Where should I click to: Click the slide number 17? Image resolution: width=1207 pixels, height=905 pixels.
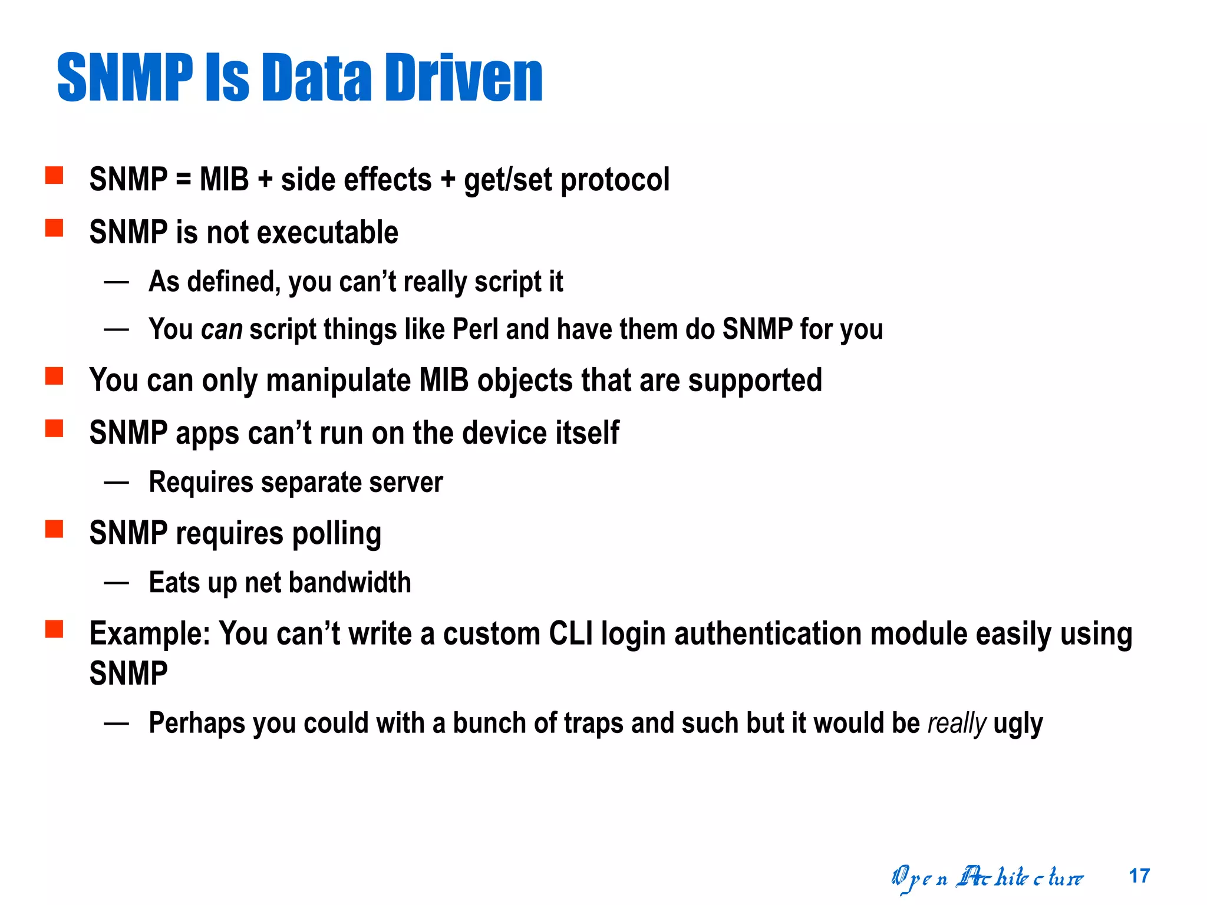point(1139,876)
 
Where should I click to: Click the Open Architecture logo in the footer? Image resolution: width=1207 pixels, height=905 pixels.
point(987,878)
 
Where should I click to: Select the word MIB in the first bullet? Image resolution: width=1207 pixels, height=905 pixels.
point(224,179)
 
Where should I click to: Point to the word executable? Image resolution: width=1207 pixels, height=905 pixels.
point(328,232)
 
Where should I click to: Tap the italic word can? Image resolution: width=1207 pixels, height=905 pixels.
point(222,329)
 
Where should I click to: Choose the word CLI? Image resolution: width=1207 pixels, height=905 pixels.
point(570,635)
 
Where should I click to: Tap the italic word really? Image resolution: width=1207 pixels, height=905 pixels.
point(957,724)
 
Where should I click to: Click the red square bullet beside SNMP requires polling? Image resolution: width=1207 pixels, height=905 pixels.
point(54,529)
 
